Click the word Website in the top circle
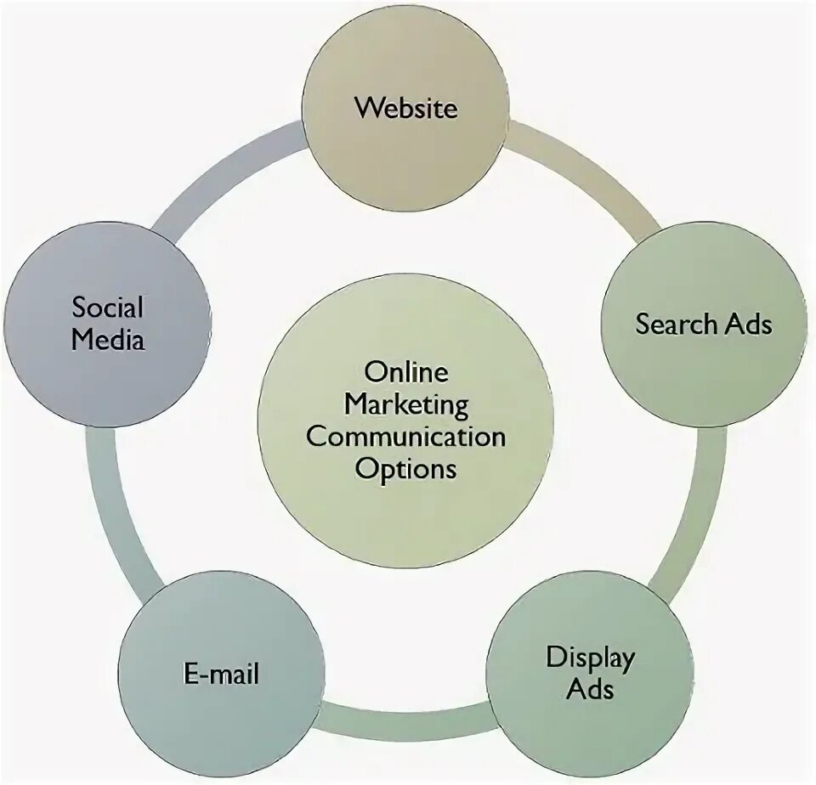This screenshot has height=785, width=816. (x=406, y=108)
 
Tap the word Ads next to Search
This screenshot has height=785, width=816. (x=747, y=324)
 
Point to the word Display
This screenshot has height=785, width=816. (x=590, y=657)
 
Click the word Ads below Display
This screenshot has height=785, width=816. (x=590, y=687)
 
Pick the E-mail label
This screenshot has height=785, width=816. (x=221, y=675)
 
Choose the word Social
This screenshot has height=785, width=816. (x=107, y=307)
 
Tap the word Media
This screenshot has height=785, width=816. (x=107, y=339)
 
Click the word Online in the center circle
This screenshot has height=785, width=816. (x=405, y=371)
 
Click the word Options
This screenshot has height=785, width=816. (x=405, y=468)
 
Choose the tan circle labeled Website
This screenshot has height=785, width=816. (x=406, y=161)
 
